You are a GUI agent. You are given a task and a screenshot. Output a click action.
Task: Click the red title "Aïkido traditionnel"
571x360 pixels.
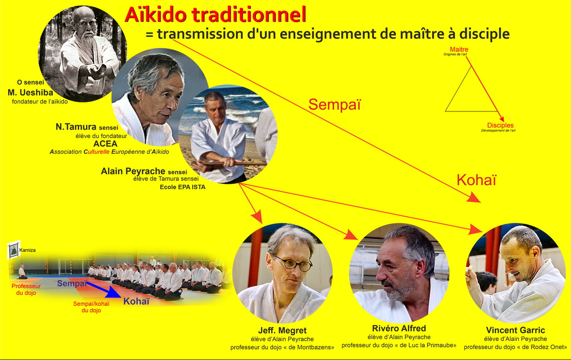click(216, 15)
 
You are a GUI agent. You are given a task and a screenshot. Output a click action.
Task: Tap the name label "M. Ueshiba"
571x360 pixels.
click(30, 92)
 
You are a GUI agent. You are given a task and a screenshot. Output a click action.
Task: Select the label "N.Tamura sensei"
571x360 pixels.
click(87, 127)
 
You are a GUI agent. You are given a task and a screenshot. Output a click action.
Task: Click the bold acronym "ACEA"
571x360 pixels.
click(105, 144)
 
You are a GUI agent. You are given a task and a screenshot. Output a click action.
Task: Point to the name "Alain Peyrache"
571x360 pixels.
click(133, 171)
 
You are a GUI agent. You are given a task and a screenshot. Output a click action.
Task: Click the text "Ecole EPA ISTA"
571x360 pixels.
click(183, 187)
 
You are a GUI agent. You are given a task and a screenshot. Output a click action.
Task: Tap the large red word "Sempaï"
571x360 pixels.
click(335, 104)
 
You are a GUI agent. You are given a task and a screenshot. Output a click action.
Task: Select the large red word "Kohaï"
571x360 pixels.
click(476, 180)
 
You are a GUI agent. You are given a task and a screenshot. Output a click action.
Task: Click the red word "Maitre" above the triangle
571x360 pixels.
click(459, 49)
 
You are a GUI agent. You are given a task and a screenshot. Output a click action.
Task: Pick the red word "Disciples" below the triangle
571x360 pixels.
click(501, 125)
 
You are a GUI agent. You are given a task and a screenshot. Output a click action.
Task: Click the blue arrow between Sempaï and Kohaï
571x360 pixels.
click(103, 290)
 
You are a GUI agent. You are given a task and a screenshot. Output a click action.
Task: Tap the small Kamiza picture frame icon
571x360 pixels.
click(14, 250)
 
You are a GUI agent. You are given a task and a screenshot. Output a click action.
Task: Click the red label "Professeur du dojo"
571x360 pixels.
click(26, 290)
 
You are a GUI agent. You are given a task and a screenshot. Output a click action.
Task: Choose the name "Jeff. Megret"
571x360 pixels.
click(282, 330)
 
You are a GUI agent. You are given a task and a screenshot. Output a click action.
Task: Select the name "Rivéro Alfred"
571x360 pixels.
click(399, 328)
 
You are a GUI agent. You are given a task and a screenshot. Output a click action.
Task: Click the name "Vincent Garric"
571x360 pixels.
click(515, 330)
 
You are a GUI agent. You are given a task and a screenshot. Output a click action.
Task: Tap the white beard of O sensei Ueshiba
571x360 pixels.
click(89, 38)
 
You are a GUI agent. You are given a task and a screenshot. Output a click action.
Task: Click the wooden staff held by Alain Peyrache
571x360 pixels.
click(229, 163)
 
